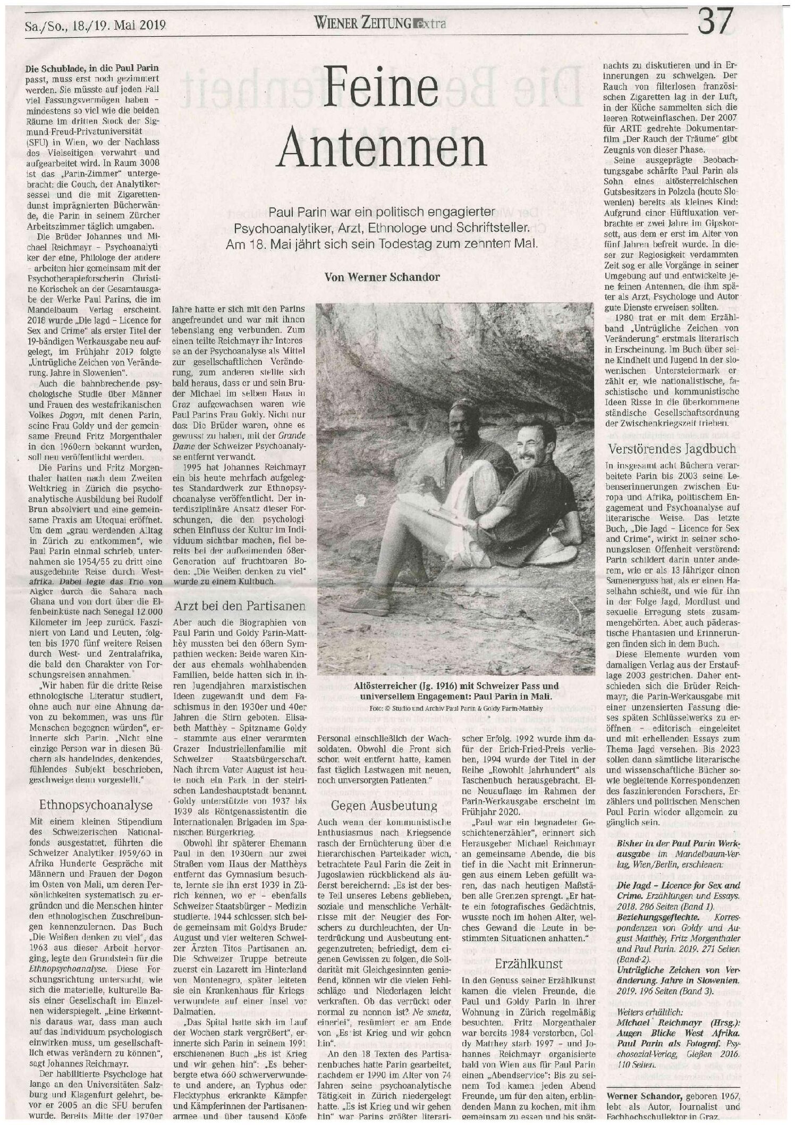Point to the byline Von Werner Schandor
[382, 276]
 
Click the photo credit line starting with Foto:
[455, 708]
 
